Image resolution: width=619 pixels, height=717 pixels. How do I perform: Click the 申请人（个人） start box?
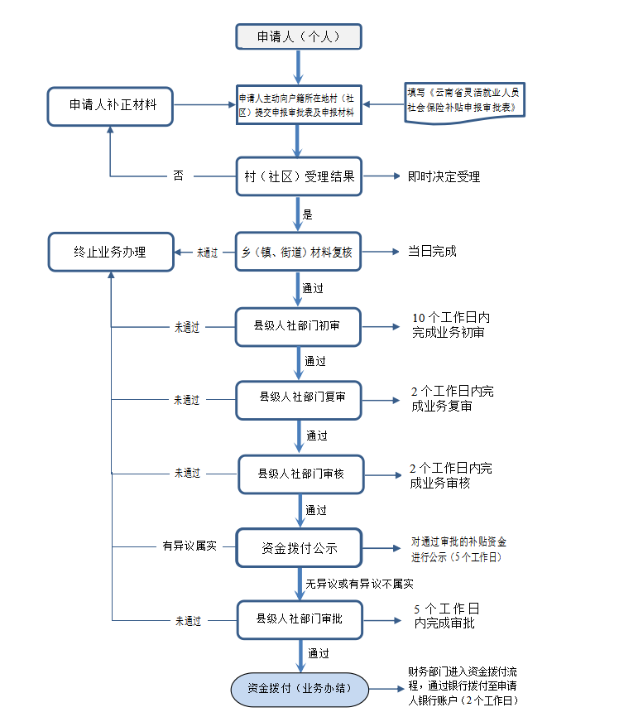point(299,37)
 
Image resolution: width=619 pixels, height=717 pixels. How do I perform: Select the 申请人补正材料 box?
point(111,106)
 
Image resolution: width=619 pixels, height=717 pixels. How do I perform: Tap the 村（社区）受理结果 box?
point(299,176)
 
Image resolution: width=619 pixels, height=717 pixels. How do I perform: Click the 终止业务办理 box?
point(111,252)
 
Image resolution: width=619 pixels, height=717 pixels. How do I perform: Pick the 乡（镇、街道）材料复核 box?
point(299,252)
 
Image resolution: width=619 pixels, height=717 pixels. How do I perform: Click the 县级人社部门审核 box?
point(301,474)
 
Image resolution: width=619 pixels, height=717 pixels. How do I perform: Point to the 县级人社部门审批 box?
point(301,619)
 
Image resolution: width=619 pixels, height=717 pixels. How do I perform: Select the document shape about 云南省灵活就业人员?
point(466,102)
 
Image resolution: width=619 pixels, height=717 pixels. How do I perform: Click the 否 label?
point(179,176)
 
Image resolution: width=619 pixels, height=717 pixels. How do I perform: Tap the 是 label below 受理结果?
point(308,214)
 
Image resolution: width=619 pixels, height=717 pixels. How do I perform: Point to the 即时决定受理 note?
point(444,176)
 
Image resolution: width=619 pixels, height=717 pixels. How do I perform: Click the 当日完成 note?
point(432,252)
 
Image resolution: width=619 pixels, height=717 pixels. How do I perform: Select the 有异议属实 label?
point(190,547)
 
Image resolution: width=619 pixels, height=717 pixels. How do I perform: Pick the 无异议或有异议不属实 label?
point(358,584)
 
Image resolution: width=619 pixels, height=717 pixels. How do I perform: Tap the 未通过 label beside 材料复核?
point(207,253)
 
